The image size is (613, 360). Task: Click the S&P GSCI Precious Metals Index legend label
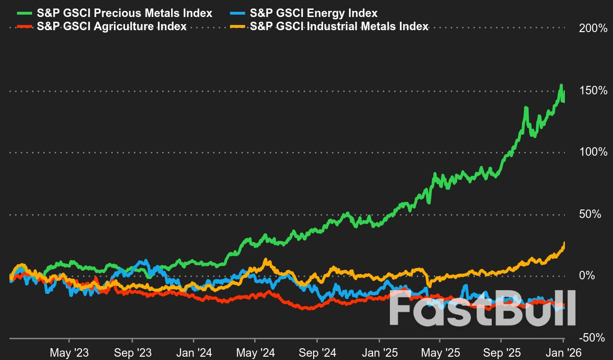(x=125, y=13)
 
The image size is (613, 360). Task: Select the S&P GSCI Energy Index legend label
(x=314, y=13)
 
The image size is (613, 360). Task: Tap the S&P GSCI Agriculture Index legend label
(x=112, y=26)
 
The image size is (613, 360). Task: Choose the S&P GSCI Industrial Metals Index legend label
(x=339, y=26)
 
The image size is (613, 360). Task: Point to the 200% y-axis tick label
(x=593, y=28)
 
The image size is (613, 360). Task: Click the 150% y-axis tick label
(x=593, y=90)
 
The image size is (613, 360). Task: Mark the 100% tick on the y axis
(x=593, y=152)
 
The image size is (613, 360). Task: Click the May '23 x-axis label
(x=69, y=352)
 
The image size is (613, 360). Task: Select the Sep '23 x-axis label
(x=133, y=352)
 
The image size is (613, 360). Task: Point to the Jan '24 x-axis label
(x=194, y=352)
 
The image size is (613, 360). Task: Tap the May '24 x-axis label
(x=255, y=352)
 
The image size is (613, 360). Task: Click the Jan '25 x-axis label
(x=379, y=352)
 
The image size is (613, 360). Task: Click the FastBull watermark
(x=482, y=308)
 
